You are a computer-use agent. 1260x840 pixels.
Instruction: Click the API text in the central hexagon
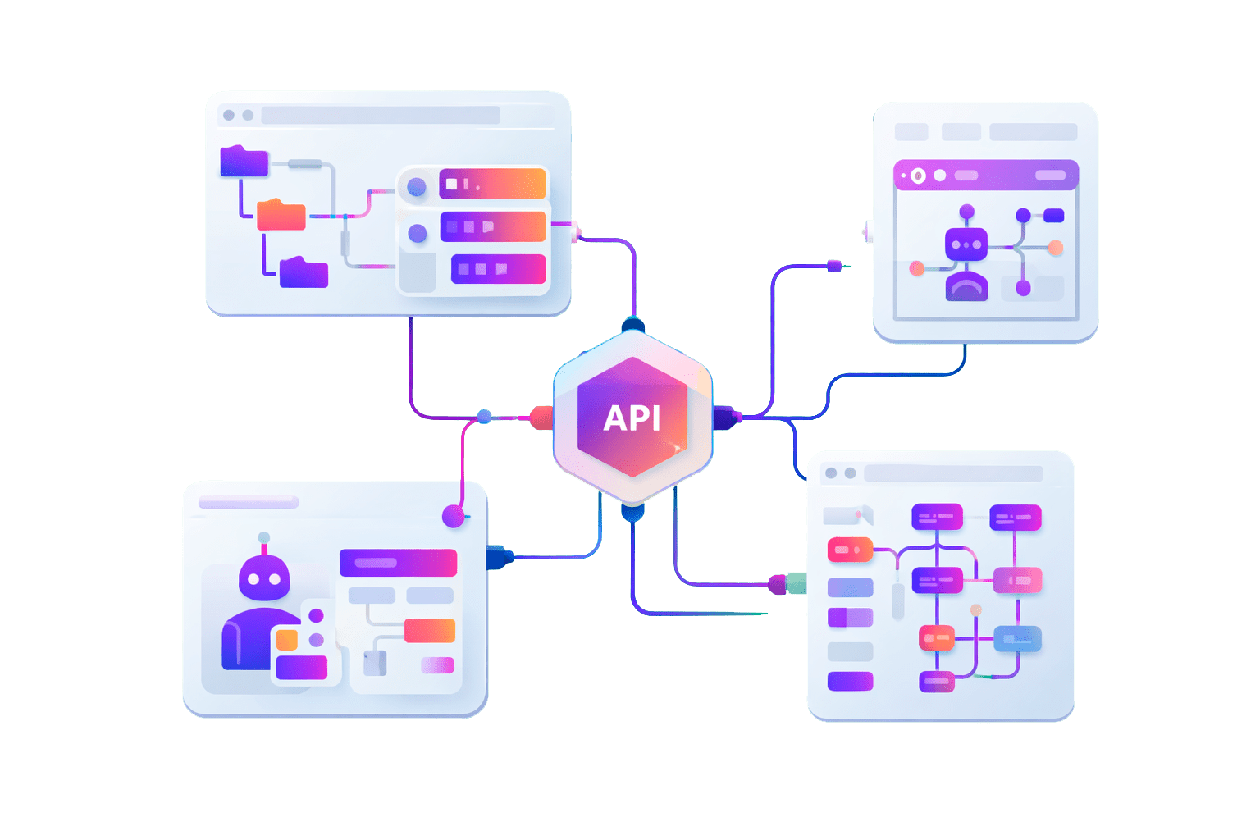[x=632, y=418]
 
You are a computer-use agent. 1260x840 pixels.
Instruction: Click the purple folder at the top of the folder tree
[x=244, y=162]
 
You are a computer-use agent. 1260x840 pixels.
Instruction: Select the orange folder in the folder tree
[x=281, y=215]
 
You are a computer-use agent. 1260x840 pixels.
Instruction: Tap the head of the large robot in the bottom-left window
[x=264, y=577]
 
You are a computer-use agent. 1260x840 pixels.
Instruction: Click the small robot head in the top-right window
[x=966, y=244]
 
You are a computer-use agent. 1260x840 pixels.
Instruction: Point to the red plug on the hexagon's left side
[x=541, y=418]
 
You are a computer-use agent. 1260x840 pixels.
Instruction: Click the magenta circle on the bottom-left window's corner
[x=454, y=516]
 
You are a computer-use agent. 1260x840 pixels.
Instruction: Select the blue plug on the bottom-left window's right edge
[x=498, y=558]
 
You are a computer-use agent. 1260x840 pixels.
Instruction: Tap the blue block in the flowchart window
[x=1017, y=638]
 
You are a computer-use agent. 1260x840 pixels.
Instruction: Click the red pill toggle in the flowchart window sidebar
[x=849, y=550]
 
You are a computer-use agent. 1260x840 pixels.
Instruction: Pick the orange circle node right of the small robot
[x=1056, y=248]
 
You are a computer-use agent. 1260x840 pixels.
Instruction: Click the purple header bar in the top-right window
[x=985, y=175]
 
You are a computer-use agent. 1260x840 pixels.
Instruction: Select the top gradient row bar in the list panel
[x=492, y=184]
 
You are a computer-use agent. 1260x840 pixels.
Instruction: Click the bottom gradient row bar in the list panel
[x=498, y=269]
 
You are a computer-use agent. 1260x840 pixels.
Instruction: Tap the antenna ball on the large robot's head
[x=263, y=538]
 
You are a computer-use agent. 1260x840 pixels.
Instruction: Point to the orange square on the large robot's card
[x=287, y=640]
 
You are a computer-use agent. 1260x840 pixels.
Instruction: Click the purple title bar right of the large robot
[x=398, y=563]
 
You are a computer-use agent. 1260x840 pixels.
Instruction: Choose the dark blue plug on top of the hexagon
[x=632, y=326]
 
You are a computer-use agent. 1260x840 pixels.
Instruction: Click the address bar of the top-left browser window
[x=381, y=115]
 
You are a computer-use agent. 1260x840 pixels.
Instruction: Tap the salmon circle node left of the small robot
[x=917, y=268]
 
